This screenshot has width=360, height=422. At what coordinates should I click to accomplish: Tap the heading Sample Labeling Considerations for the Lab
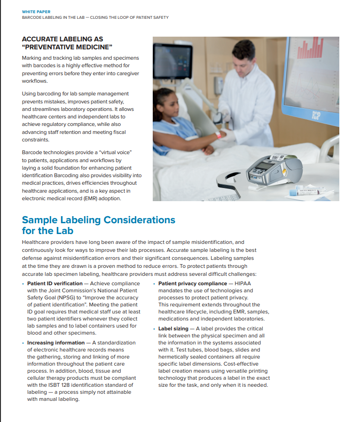tap(98, 225)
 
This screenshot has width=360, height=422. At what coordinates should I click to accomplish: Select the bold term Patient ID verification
tap(54, 283)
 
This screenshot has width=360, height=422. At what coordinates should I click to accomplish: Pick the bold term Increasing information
tap(56, 343)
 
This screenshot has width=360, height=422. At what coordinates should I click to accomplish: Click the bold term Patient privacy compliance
tap(192, 283)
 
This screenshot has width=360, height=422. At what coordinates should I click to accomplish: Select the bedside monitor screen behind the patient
tap(172, 62)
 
